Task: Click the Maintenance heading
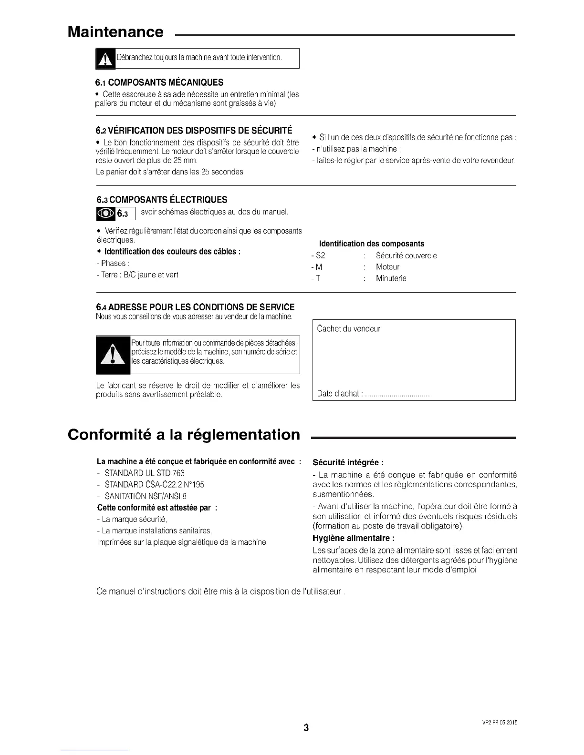(x=115, y=32)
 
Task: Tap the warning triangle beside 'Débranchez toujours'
(x=105, y=59)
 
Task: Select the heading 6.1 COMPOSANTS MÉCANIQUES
(x=159, y=82)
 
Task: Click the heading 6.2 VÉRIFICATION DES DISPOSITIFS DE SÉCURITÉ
(x=194, y=131)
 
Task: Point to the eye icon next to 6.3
(x=105, y=214)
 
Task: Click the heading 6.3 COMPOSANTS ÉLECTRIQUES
(x=162, y=200)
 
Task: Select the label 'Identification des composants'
(x=371, y=244)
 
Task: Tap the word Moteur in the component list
(x=387, y=267)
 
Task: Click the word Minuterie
(x=391, y=278)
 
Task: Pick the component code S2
(x=321, y=255)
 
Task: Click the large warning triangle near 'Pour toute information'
(x=113, y=355)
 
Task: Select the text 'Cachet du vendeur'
(x=349, y=328)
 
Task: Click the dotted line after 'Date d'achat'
(x=398, y=394)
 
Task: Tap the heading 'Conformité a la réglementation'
(x=184, y=435)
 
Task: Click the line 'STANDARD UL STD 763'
(x=145, y=473)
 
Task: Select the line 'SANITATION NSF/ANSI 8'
(x=146, y=496)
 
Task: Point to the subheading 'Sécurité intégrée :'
(x=348, y=462)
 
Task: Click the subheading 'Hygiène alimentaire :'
(x=354, y=538)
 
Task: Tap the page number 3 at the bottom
(x=306, y=728)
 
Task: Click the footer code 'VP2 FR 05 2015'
(x=497, y=723)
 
